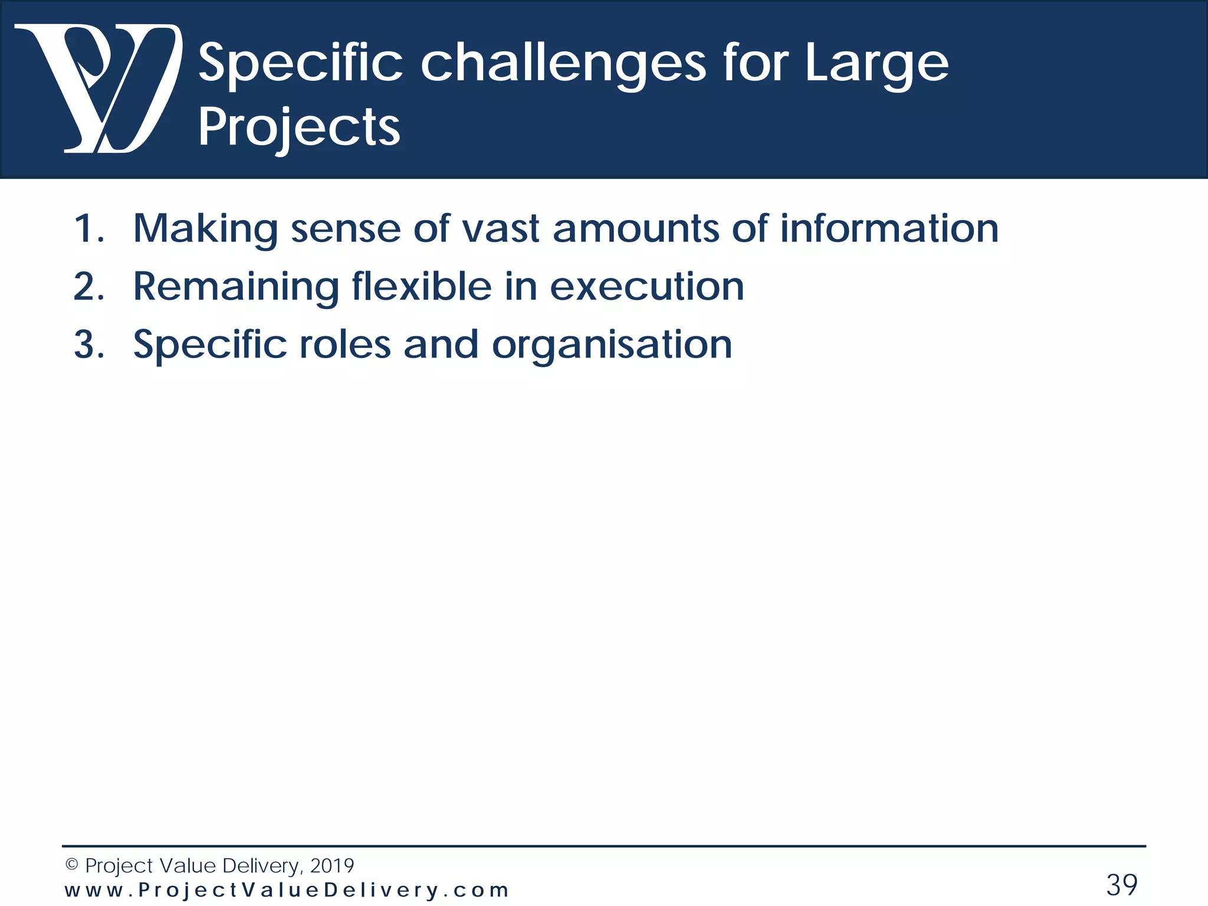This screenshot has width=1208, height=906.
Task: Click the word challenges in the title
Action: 563,64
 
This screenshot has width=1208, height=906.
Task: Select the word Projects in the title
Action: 299,128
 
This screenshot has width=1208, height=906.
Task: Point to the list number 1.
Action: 88,229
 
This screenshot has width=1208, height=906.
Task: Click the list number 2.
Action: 88,287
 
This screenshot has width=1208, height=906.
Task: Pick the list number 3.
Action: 88,345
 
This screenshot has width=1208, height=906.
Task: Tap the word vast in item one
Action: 500,229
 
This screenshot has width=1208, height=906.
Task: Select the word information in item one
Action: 889,229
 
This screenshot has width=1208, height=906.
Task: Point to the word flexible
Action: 422,287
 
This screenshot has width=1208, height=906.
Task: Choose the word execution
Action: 646,287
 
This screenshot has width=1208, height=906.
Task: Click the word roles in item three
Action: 345,345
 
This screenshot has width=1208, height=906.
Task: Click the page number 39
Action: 1121,885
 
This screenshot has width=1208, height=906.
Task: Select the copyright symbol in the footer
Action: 71,865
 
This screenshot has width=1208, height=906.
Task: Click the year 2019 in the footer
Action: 331,866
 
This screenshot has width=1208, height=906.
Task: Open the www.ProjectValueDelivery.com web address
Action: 287,891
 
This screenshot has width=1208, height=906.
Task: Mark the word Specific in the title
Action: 300,64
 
